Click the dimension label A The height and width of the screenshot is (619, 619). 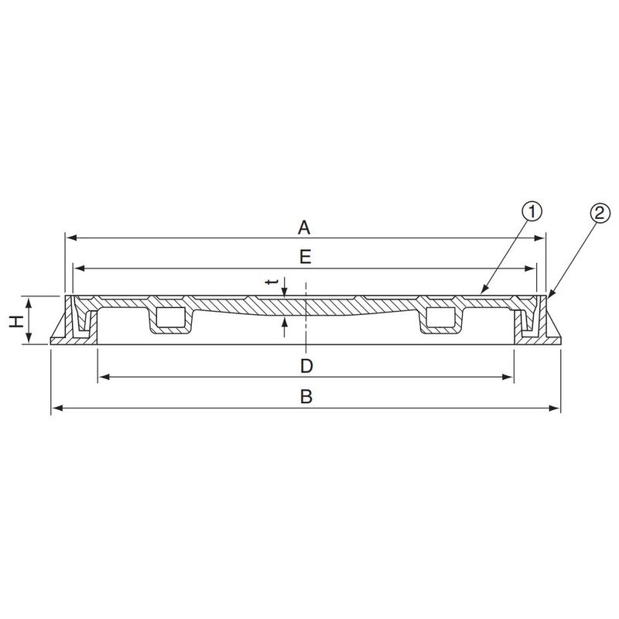coord(304,227)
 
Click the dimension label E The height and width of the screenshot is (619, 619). coord(305,257)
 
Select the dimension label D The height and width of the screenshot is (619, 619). coord(306,366)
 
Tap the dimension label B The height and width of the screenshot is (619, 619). coord(306,396)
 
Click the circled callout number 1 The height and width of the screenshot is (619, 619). coord(532,212)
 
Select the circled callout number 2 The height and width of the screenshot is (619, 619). coord(600,214)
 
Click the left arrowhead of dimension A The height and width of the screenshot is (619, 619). coord(71,238)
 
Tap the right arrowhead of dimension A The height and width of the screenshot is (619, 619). coord(539,238)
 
